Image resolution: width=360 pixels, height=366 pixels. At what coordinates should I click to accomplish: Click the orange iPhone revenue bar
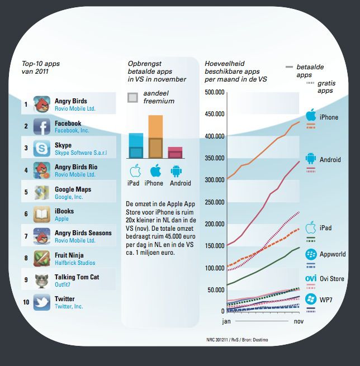coord(155,137)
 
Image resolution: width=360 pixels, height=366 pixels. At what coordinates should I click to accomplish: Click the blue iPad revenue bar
coord(135,146)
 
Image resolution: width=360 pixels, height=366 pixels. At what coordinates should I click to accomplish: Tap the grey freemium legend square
coord(132,98)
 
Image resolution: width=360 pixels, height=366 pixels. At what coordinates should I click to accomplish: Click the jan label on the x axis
coord(226,322)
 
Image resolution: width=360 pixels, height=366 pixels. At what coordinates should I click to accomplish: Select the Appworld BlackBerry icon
coord(311,254)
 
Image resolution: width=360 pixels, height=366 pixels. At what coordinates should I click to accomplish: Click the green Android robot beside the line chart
coord(311,159)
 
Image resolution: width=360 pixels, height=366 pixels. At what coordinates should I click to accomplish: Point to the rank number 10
coord(26,302)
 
